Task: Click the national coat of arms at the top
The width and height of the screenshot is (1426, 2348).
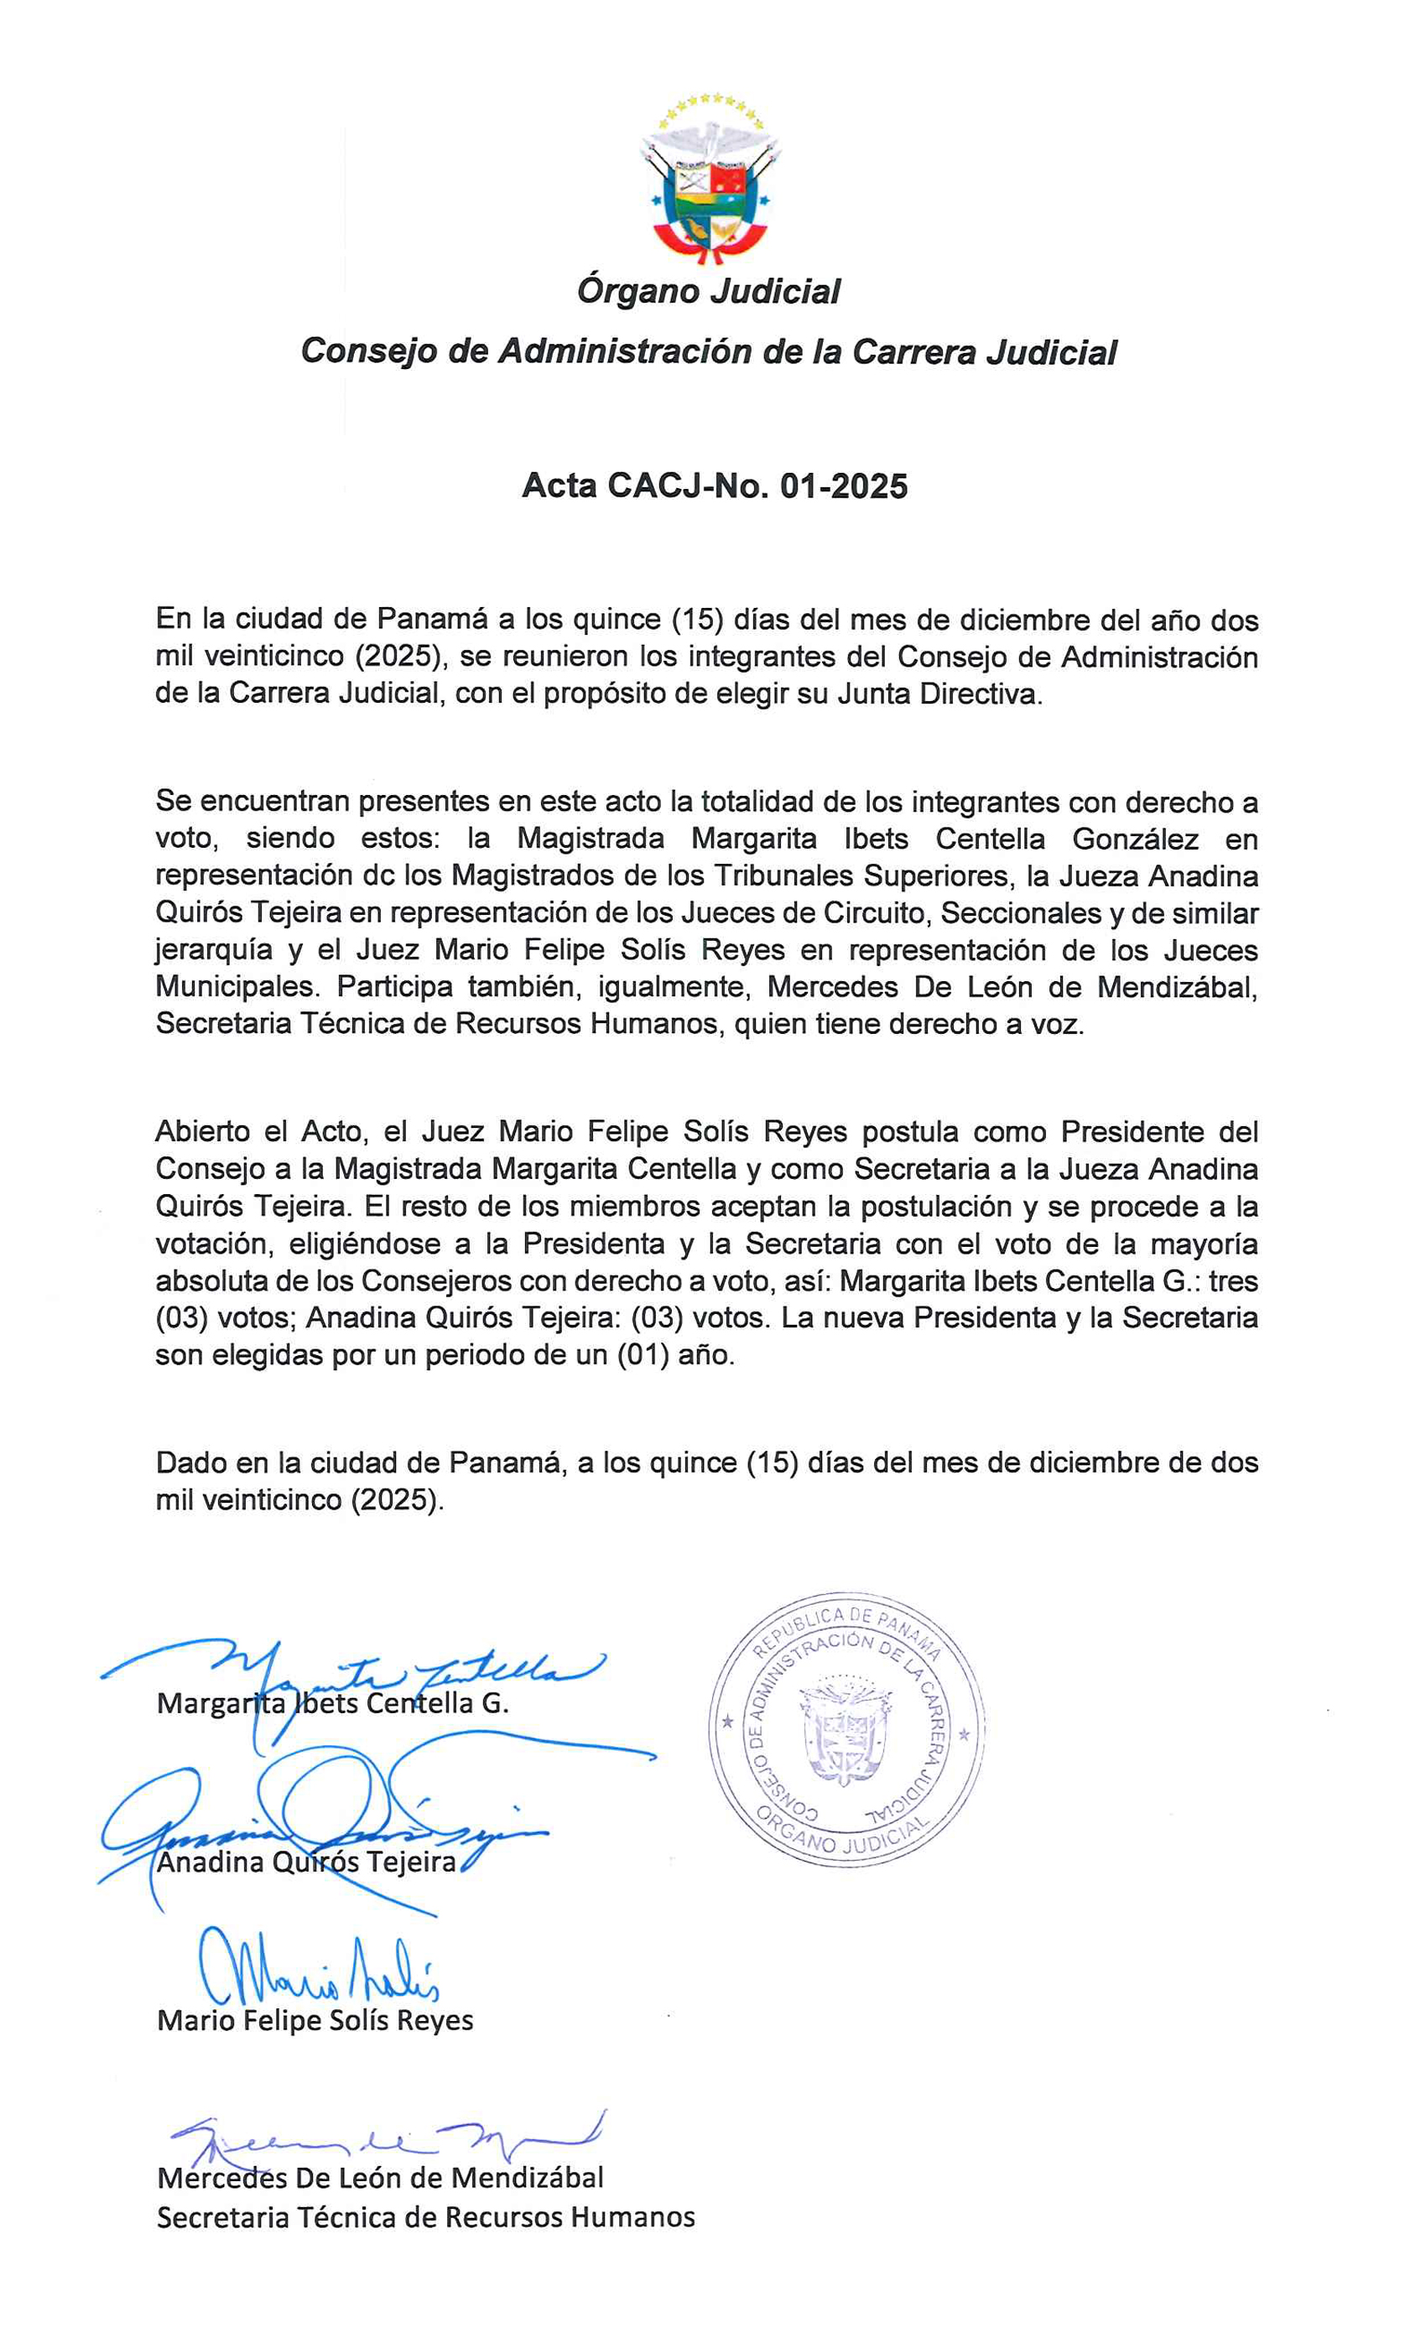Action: [x=710, y=180]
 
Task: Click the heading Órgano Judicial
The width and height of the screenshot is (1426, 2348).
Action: [x=708, y=292]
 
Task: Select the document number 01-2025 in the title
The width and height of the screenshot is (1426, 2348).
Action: [x=844, y=486]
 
